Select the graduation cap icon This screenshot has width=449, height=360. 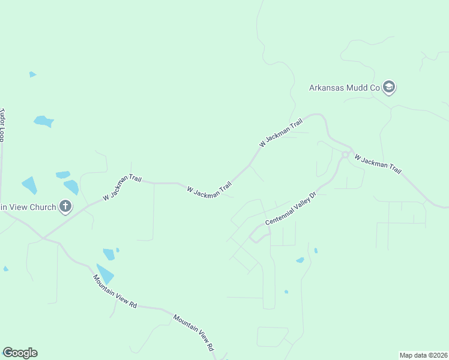389,88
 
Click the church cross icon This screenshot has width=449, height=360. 65,207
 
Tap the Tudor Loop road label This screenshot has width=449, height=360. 2,125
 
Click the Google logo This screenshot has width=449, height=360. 20,353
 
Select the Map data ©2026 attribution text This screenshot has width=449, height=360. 423,355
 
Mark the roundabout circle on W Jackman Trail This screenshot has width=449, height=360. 345,155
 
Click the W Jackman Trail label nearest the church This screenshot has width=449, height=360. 122,187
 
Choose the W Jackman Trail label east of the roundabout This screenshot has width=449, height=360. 378,164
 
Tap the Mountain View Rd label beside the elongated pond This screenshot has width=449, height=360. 115,292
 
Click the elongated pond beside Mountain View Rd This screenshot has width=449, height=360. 104,273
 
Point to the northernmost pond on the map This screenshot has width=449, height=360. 32,74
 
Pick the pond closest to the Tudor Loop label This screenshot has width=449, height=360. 43,121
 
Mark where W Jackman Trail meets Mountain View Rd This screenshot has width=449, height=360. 43,238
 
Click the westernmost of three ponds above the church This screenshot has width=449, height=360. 29,185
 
